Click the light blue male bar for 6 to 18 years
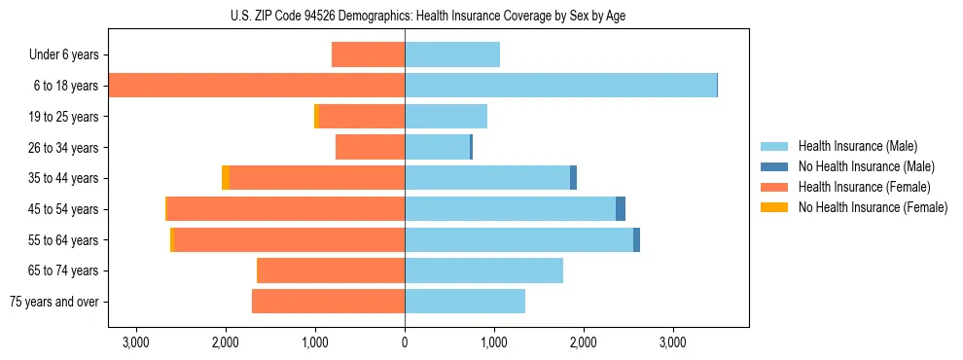tap(560, 86)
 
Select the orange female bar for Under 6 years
tap(368, 55)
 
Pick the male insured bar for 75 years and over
tap(464, 302)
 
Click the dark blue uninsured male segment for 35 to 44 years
tap(573, 178)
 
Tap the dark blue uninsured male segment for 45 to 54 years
tap(621, 209)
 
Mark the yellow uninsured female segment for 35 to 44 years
tap(226, 178)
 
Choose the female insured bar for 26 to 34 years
tap(370, 148)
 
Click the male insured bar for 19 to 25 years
tap(446, 117)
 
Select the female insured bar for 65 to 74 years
tap(331, 270)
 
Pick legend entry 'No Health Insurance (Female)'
tap(873, 207)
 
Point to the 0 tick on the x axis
tap(405, 343)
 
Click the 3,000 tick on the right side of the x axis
tap(673, 343)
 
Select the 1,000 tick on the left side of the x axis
tap(315, 343)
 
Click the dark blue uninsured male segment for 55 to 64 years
tap(636, 240)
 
